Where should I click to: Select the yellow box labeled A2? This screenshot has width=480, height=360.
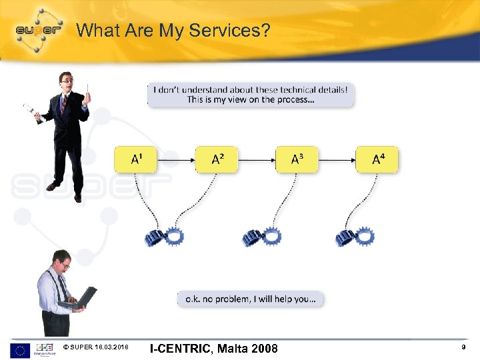pos(217,159)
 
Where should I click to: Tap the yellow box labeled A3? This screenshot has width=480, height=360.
pos(297,159)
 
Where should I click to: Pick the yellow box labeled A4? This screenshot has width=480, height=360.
pos(377,159)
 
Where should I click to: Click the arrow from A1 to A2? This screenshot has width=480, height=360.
pos(176,160)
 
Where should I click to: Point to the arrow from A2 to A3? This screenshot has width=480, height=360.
pos(257,160)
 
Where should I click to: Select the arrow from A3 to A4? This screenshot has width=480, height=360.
pos(337,160)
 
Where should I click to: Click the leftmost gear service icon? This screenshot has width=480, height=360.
pos(164,236)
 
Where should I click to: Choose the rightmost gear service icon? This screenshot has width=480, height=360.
pos(355,236)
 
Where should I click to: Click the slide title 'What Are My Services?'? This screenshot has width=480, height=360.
pos(173,30)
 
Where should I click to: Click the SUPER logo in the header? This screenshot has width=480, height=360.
pos(39,29)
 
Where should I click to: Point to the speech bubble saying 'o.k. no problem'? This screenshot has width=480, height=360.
pos(251,299)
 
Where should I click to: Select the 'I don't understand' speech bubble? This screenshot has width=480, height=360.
pos(251,94)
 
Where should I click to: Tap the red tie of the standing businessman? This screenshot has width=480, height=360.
pos(64,104)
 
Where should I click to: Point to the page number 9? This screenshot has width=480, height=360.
pos(463,348)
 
